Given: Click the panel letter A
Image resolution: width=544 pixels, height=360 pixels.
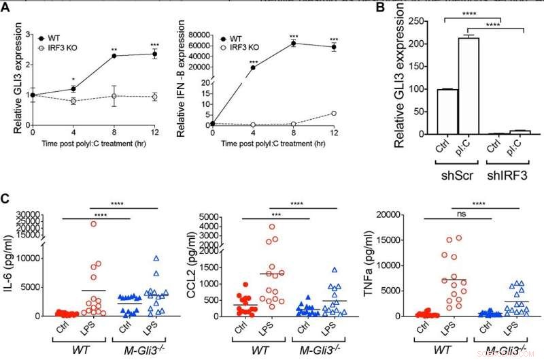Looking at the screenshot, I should point(5,5).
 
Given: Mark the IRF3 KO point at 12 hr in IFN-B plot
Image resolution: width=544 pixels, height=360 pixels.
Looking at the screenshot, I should point(333,113).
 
